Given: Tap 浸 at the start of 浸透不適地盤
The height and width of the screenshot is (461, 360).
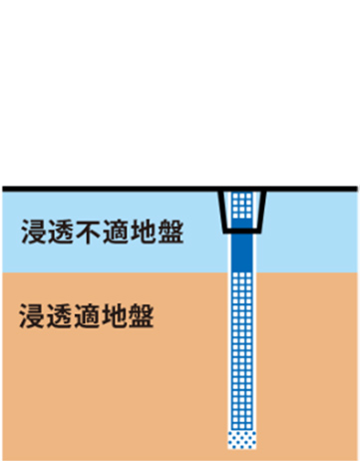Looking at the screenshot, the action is point(34,231).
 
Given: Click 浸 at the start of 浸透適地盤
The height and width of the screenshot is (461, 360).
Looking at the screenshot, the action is point(32,315).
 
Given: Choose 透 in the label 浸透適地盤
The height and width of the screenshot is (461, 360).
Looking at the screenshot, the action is point(59,315).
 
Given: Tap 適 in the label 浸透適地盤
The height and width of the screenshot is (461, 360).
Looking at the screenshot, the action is point(86,315).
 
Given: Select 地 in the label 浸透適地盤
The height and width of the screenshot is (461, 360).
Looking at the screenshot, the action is point(114,315).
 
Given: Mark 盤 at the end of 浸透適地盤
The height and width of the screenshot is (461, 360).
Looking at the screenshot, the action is point(141,315).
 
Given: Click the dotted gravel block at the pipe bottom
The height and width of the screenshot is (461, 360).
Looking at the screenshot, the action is point(242,440).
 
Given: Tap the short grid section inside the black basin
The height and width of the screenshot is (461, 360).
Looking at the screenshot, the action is point(242,206).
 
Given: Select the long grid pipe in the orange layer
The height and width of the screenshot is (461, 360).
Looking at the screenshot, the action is point(242,351).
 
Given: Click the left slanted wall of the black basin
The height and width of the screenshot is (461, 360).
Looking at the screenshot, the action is point(222,212).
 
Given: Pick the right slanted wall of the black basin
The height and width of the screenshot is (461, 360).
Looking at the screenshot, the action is point(262,212).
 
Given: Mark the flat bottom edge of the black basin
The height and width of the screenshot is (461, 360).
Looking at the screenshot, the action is point(242,230).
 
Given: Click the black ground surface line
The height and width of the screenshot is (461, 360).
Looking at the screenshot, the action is point(180,189).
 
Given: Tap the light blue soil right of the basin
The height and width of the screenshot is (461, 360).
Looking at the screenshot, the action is point(312,231).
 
